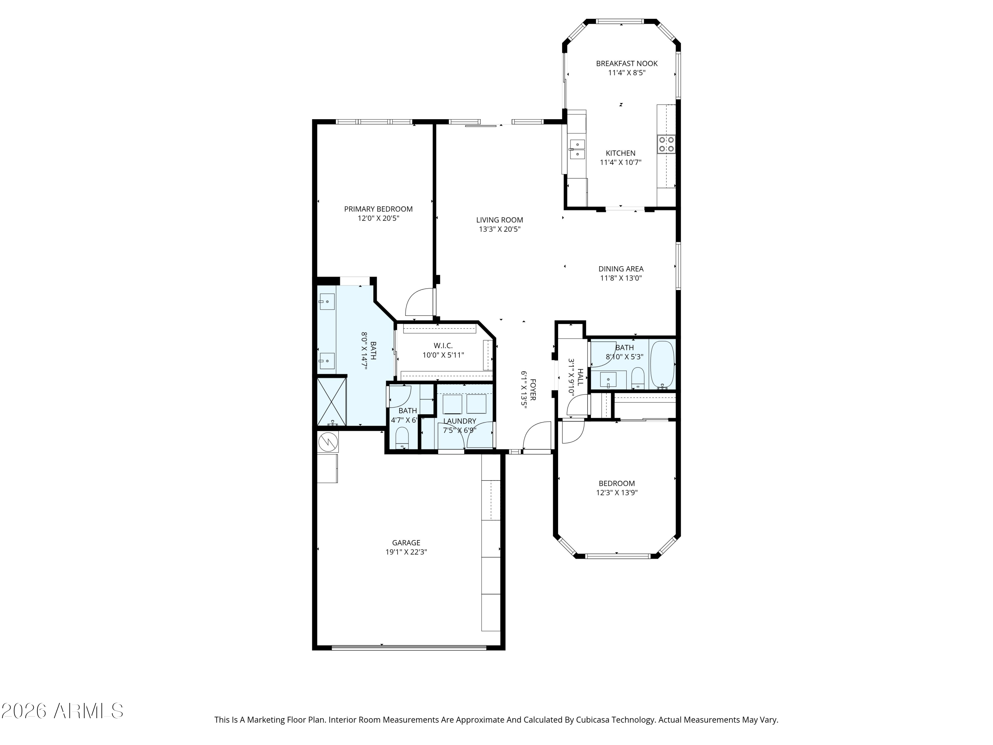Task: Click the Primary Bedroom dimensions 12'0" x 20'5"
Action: pos(378,219)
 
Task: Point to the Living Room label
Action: pos(499,220)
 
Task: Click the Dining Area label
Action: pos(621,269)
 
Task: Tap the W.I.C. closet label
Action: pos(443,346)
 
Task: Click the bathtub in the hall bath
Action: pos(662,364)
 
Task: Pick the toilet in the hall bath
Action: pos(638,378)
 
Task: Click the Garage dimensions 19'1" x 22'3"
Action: pos(406,552)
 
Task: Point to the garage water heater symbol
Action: pos(328,442)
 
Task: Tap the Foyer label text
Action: pos(533,389)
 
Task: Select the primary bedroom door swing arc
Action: pos(420,302)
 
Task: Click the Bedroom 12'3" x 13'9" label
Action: pos(617,488)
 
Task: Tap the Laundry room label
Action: pos(460,421)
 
